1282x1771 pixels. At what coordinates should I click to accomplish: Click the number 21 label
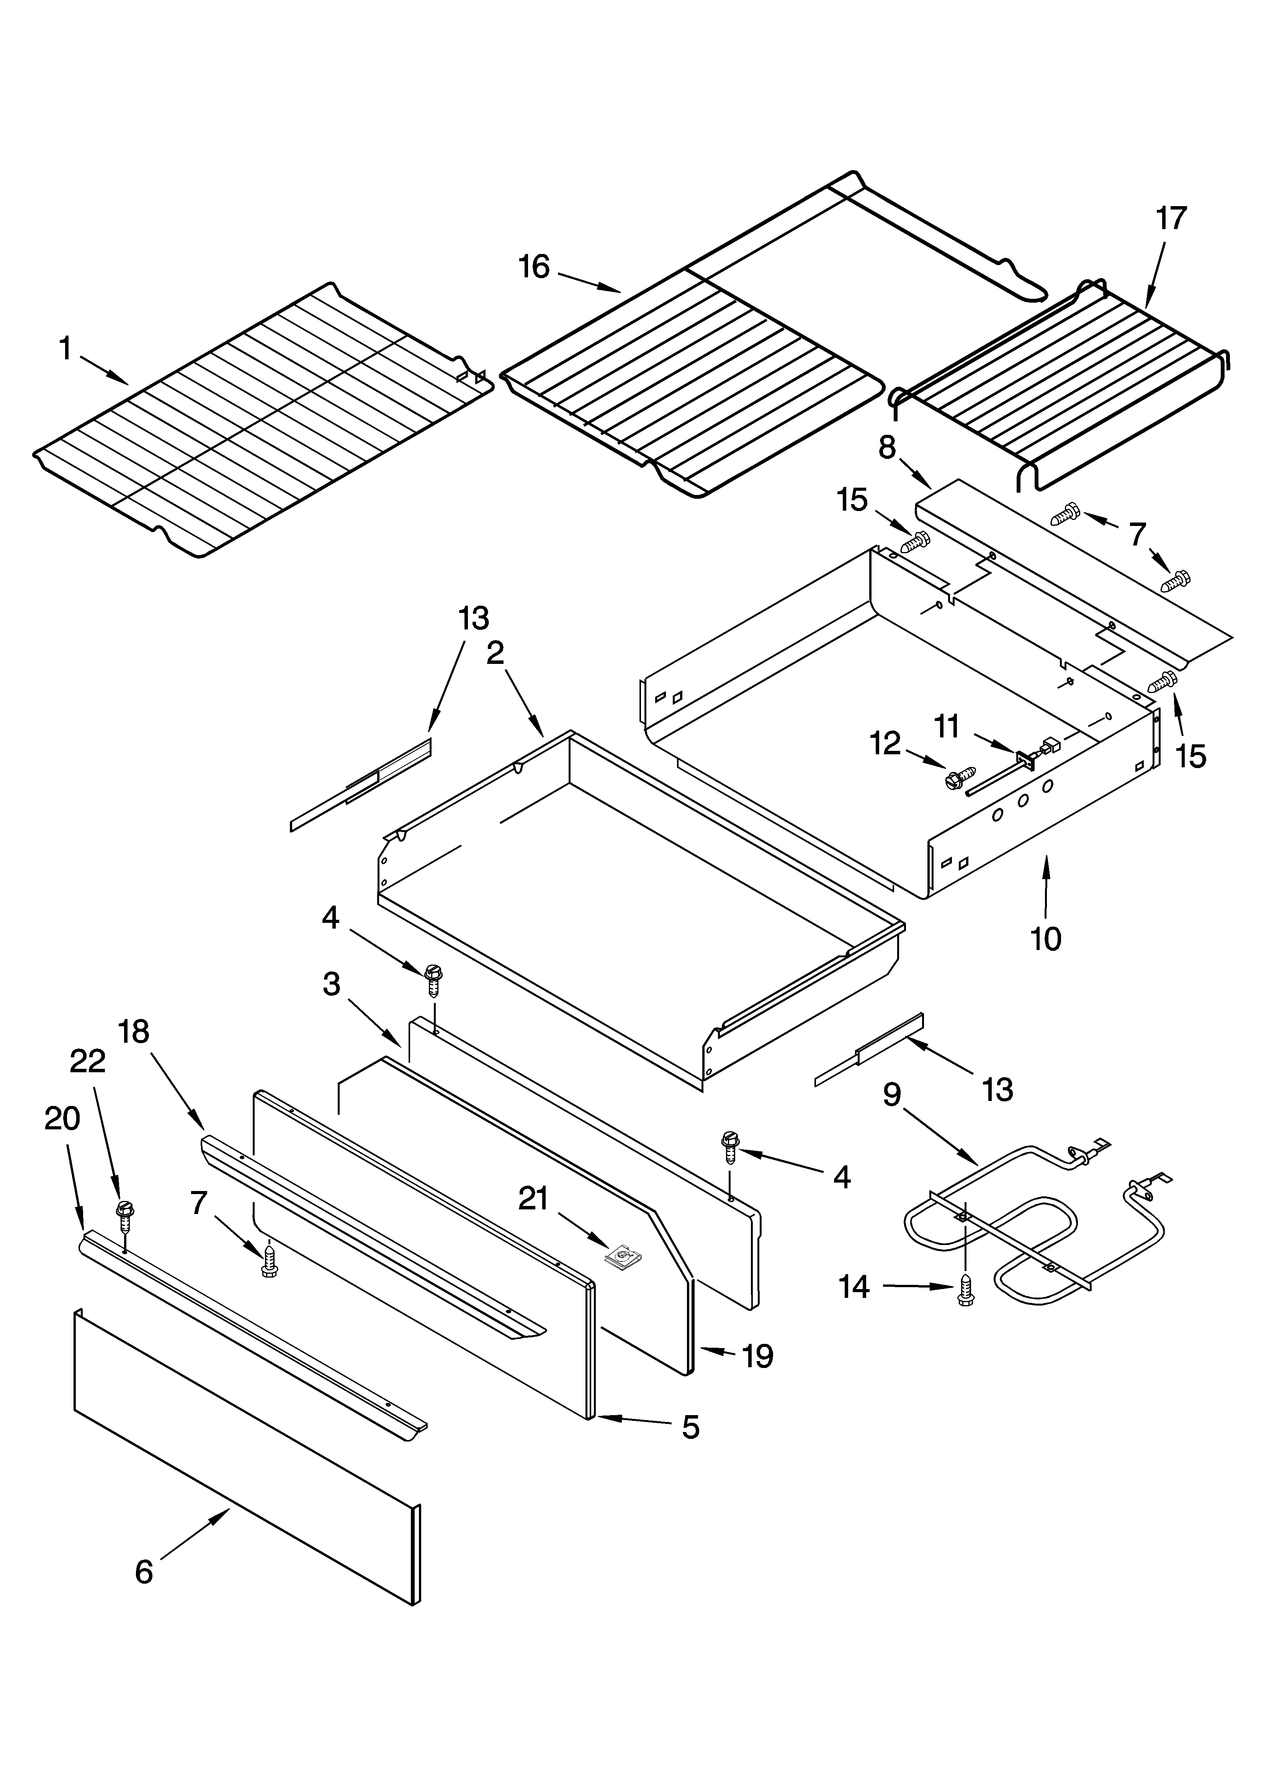click(x=534, y=1199)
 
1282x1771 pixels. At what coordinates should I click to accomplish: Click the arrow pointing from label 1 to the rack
click(x=104, y=371)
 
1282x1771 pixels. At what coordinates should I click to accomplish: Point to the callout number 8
click(x=886, y=447)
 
